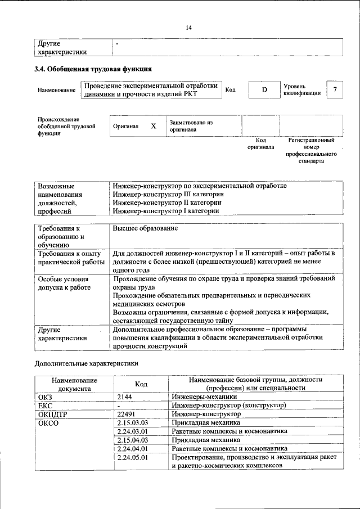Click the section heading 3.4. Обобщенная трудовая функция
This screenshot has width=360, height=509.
93,70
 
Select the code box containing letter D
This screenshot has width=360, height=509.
263,90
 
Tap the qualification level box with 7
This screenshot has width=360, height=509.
335,90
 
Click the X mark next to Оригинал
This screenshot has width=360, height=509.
153,126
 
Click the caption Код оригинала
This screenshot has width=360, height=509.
260,143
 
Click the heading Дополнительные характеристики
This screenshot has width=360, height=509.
86,363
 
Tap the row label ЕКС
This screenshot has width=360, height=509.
44,405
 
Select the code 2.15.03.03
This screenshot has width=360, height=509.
132,422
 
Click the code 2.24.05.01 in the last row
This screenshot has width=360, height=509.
132,457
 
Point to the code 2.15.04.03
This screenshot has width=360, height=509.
132,440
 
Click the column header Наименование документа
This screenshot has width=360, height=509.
74,384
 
